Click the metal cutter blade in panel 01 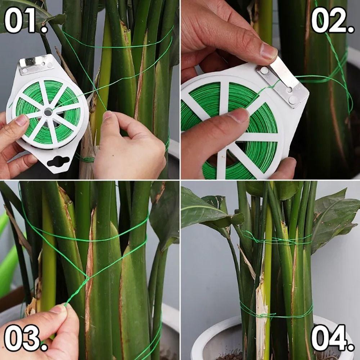click(x=36, y=64)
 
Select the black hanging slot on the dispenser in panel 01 click(x=58, y=161)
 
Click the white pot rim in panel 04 click(x=212, y=335)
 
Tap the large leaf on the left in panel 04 click(x=205, y=209)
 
